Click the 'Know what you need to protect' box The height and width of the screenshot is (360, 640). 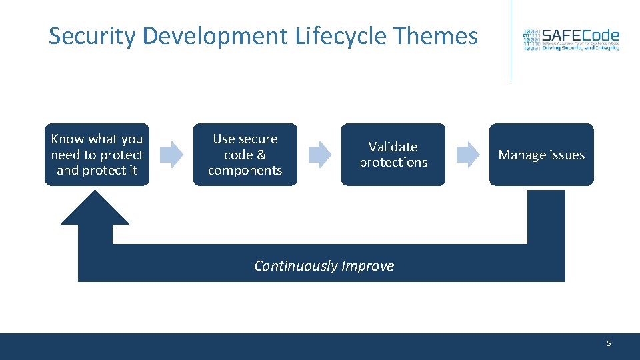(97, 155)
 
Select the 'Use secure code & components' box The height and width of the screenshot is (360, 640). (245, 155)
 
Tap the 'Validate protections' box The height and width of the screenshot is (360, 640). (393, 155)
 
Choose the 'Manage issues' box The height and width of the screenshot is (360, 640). (541, 155)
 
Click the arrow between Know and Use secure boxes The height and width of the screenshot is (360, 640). (172, 155)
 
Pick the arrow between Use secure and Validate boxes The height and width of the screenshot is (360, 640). (320, 155)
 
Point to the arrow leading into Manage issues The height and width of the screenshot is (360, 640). (468, 155)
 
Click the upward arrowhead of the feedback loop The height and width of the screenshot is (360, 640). (95, 210)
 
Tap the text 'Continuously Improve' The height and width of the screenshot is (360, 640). (324, 266)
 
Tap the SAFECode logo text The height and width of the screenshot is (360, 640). (580, 35)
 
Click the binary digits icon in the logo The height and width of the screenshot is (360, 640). (531, 41)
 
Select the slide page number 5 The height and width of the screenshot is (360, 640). (609, 343)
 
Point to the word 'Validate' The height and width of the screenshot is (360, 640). (393, 147)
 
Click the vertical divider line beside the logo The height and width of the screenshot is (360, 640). (511, 40)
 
